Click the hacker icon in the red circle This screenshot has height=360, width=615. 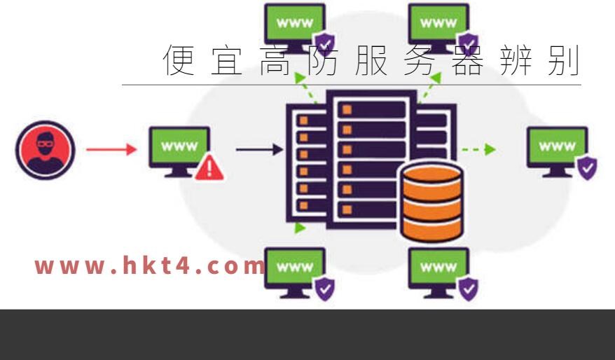coord(45,150)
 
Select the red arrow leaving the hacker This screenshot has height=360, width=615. coord(111,149)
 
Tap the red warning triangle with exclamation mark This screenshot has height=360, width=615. coord(209,168)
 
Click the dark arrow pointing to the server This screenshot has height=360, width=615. coord(259,149)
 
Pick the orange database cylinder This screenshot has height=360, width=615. coord(432,202)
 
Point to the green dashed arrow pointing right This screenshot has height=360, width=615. coord(479,149)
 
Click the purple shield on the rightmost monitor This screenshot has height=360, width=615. coord(587,168)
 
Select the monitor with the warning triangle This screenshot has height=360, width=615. coord(179,152)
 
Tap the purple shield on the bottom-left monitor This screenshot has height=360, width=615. coord(325,289)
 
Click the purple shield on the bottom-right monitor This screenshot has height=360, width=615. coord(469,289)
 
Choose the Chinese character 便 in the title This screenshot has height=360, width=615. coord(179,60)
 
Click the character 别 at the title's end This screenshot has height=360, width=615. coord(564,60)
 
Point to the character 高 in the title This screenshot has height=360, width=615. coord(275,60)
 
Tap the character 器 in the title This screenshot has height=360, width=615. coord(467,60)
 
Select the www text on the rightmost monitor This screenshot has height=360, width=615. coord(558,146)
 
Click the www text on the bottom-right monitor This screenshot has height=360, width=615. coord(438,267)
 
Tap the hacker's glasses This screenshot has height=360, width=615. coord(44,143)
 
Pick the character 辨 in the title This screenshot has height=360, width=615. coord(516,60)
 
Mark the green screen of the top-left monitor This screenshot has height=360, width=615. coord(295,22)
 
